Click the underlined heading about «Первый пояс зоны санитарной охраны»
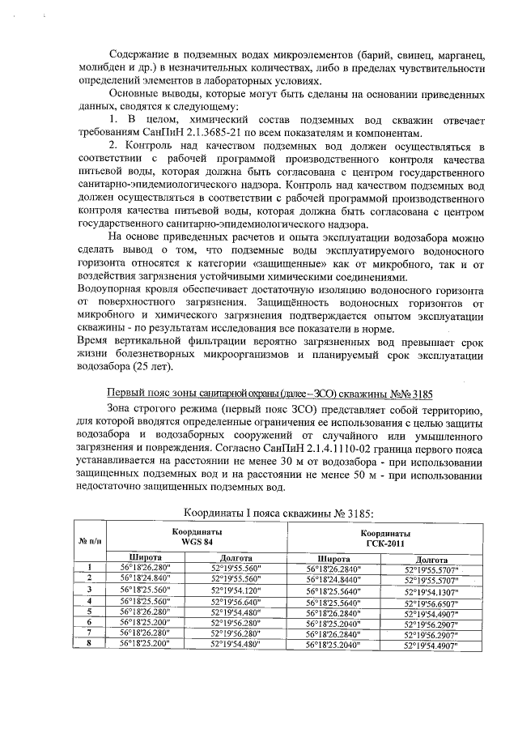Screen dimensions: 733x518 270,394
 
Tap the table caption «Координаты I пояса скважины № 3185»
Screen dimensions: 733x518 279,513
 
